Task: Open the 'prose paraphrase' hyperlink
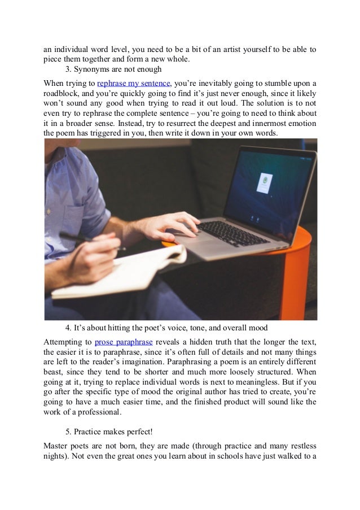(x=120, y=342)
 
